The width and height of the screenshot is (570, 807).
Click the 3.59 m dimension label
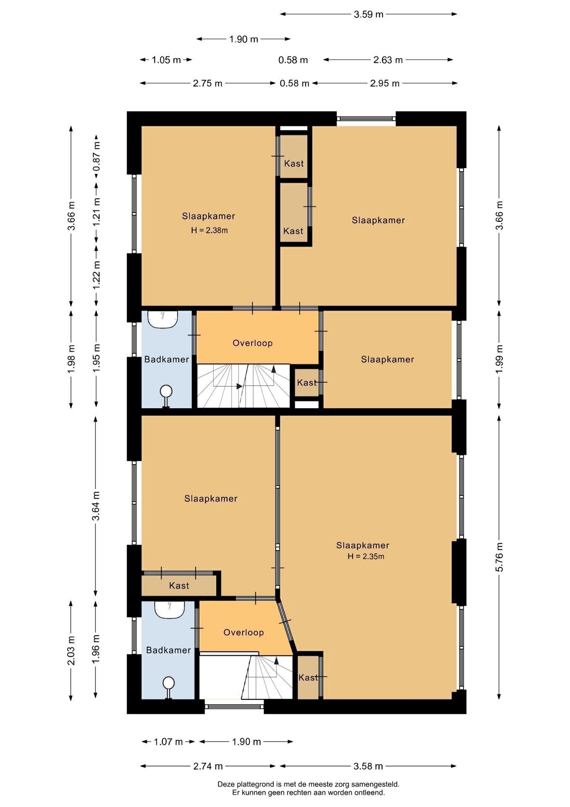(x=369, y=14)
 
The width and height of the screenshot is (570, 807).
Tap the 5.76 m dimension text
(x=499, y=557)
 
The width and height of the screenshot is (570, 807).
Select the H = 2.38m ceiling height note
(x=209, y=230)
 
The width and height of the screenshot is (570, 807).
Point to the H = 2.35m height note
(x=366, y=556)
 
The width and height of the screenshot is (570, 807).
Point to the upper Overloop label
(x=253, y=343)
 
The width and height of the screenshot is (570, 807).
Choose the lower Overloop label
(x=243, y=633)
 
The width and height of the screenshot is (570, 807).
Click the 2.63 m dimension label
(x=388, y=60)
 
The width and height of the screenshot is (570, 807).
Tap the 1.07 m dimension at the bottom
(x=168, y=742)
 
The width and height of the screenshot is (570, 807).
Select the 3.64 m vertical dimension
(x=96, y=506)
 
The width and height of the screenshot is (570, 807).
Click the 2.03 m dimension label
(x=71, y=651)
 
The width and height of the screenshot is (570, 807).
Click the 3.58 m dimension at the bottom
(x=369, y=766)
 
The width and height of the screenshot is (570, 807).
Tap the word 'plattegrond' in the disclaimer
(x=255, y=784)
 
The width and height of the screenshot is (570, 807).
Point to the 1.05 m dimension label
(x=166, y=60)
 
